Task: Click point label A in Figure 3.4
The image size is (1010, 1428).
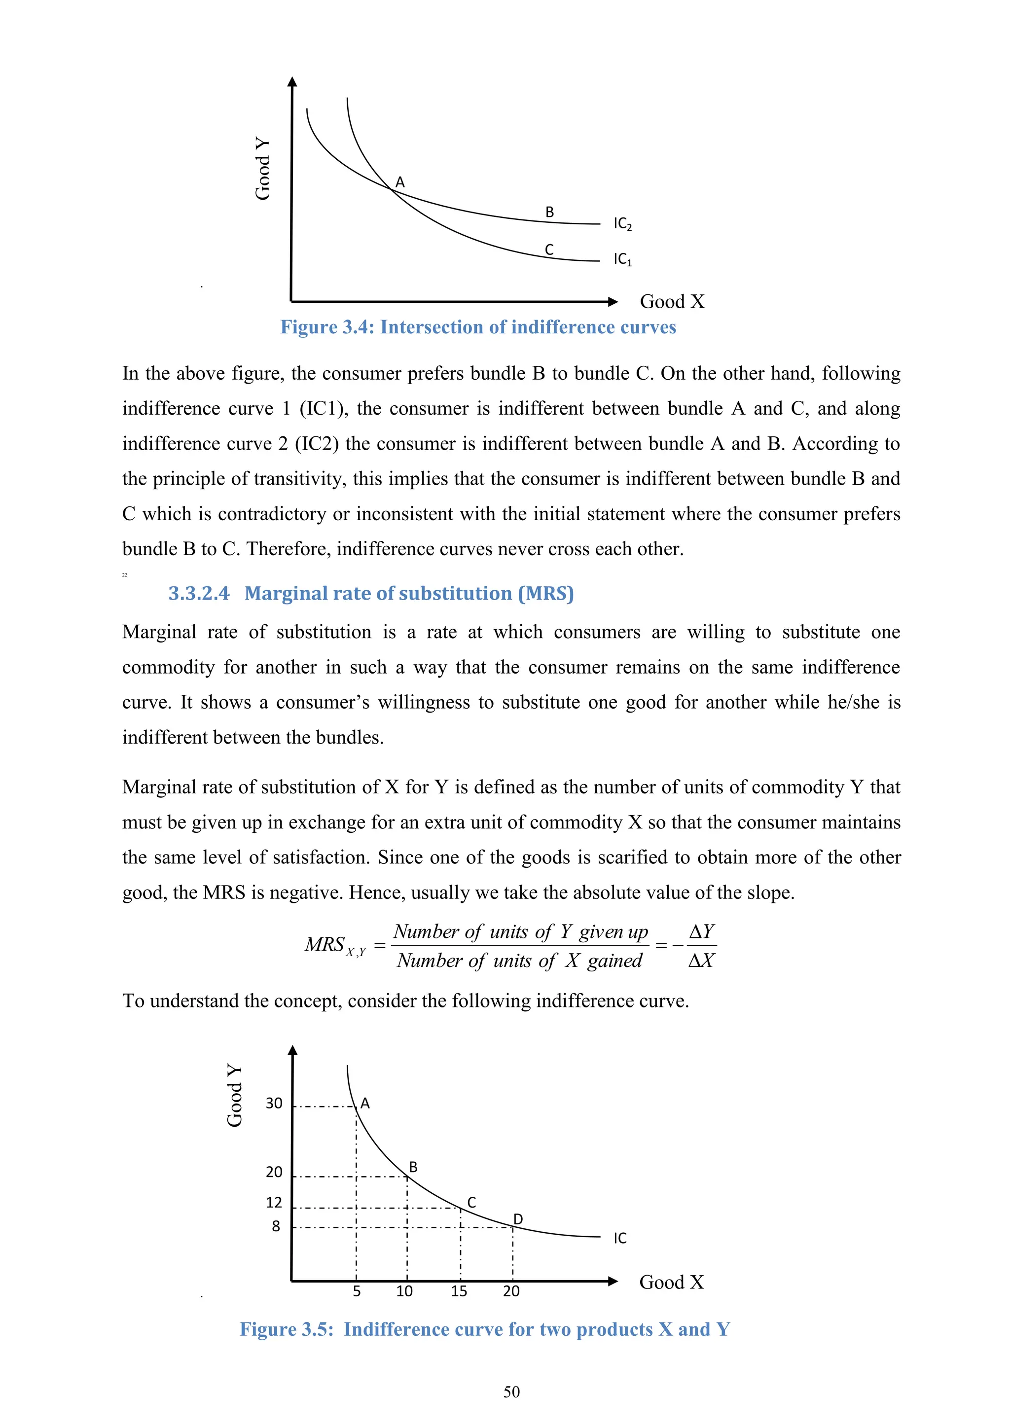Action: coord(400,182)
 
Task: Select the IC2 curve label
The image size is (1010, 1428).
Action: coord(622,224)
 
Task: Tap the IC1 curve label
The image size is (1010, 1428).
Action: coord(622,259)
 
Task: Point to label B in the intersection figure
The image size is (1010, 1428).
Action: coord(549,212)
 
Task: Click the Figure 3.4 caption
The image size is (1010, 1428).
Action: coord(478,327)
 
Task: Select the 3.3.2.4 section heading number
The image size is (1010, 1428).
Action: coord(198,593)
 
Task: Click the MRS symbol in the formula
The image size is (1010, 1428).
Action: coord(325,944)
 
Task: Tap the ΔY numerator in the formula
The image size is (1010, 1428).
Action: coord(702,931)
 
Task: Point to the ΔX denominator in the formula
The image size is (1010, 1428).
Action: coord(702,961)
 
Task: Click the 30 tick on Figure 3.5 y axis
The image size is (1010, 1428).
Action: coord(274,1104)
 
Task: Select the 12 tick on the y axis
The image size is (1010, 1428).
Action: coord(274,1202)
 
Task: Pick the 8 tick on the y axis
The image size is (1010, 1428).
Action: coord(276,1226)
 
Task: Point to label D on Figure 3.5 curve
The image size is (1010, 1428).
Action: coord(517,1219)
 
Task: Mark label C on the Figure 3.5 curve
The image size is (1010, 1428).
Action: coord(471,1202)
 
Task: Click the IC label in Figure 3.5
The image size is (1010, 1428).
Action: coord(620,1238)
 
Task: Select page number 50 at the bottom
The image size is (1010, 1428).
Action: coord(511,1392)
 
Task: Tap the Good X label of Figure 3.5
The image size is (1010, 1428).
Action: coord(672,1283)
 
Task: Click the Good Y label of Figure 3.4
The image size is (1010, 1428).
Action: coord(262,169)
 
